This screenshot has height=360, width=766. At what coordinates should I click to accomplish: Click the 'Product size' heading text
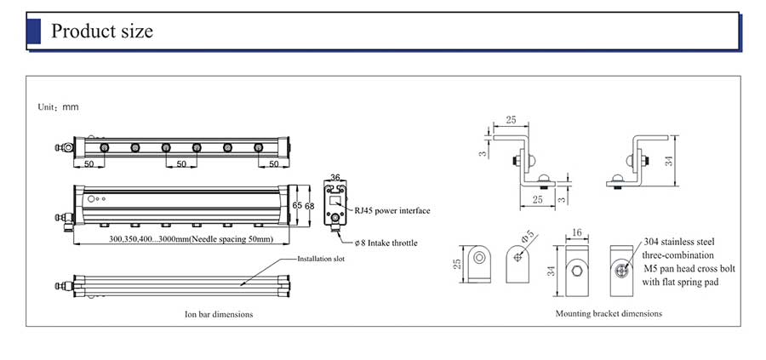pyautogui.click(x=102, y=31)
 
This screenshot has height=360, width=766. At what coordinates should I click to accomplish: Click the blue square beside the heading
pyautogui.click(x=34, y=31)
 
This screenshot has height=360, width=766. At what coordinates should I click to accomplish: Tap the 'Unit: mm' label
pyautogui.click(x=58, y=108)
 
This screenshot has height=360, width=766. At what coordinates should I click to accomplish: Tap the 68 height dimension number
pyautogui.click(x=310, y=206)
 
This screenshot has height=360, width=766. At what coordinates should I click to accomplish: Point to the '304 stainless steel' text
pyautogui.click(x=677, y=242)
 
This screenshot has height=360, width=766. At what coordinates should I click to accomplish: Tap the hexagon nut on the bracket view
pyautogui.click(x=577, y=271)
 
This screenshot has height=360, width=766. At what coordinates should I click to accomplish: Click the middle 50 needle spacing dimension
pyautogui.click(x=180, y=163)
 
